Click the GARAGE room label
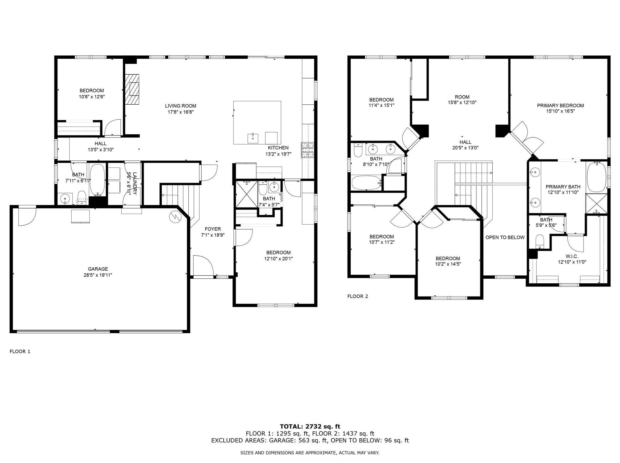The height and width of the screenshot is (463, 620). (x=98, y=269)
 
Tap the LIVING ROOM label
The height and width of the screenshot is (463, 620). (x=180, y=106)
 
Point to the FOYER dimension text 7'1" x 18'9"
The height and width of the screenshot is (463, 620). (x=213, y=235)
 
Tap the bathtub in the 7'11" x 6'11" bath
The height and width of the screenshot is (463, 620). (x=98, y=179)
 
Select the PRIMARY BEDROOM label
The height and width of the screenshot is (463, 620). (x=561, y=106)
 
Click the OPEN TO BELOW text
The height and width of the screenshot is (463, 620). (x=505, y=237)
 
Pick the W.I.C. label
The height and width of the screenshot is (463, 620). (x=572, y=256)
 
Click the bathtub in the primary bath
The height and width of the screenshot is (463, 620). (x=596, y=177)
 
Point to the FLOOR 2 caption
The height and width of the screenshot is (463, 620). (x=358, y=296)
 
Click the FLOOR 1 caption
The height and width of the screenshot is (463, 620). (x=20, y=351)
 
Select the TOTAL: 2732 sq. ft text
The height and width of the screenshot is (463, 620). (x=310, y=426)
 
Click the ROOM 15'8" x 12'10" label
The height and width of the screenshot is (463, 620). (x=462, y=100)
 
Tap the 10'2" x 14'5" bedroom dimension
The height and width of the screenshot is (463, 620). (x=448, y=264)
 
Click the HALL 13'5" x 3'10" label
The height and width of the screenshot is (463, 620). (x=100, y=147)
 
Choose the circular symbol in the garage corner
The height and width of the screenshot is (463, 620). (x=174, y=216)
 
